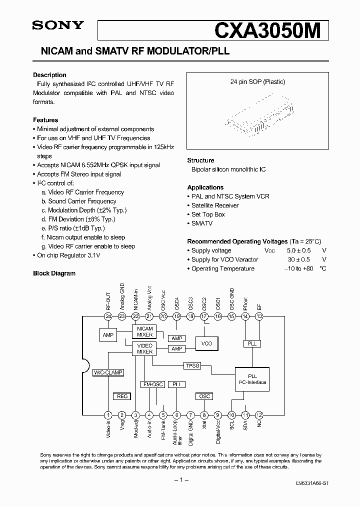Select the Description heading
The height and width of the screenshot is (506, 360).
[49, 75]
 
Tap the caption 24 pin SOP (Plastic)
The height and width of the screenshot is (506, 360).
[257, 82]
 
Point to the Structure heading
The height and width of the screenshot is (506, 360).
[200, 160]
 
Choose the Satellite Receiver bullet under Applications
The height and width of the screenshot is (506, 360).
[215, 205]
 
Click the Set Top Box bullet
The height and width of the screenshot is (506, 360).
[208, 214]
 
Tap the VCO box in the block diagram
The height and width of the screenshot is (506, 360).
[206, 343]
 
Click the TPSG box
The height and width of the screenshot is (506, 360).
[192, 365]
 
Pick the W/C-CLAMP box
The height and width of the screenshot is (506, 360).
[108, 372]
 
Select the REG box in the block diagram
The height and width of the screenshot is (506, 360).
[122, 396]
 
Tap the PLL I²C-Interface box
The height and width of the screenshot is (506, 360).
[252, 379]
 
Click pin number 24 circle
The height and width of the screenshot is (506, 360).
[108, 316]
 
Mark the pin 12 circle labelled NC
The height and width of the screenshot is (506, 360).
[259, 414]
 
